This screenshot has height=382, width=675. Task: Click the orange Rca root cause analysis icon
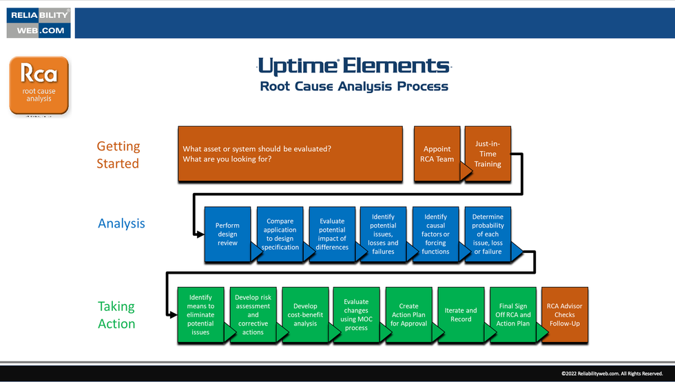tap(39, 86)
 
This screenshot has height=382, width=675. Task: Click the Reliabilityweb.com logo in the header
tap(39, 23)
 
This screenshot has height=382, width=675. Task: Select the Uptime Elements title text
tap(353, 66)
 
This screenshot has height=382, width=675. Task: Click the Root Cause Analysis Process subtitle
tap(354, 87)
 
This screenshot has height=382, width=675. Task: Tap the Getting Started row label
tap(118, 155)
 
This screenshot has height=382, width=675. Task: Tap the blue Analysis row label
tap(121, 223)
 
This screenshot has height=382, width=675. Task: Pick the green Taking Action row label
tap(116, 315)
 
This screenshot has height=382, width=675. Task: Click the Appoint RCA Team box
tap(437, 154)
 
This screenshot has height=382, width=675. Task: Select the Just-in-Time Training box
tap(488, 154)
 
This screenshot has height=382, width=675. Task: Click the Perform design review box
tap(227, 234)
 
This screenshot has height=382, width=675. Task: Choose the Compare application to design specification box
tap(280, 234)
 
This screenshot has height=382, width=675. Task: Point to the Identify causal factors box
tap(435, 234)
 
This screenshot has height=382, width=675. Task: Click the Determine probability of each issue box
tap(488, 234)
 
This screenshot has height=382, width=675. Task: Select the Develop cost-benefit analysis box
tap(305, 315)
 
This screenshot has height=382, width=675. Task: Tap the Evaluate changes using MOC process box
tap(356, 315)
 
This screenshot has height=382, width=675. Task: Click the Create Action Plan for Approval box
tap(408, 315)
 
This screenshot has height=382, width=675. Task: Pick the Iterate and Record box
tap(461, 315)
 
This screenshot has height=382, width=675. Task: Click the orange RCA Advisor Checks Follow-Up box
tap(565, 315)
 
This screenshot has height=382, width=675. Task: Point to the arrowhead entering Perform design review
tap(200, 234)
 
